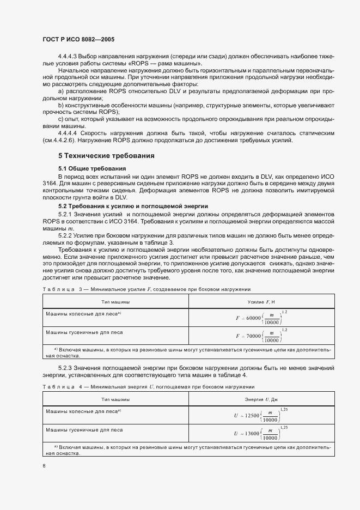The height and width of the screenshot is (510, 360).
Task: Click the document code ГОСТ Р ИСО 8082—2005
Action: [x=78, y=40]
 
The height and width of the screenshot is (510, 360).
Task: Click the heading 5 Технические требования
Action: [x=106, y=156]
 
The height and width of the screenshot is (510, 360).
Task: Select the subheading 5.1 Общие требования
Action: [x=92, y=168]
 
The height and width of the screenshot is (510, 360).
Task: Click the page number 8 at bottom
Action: [x=44, y=465]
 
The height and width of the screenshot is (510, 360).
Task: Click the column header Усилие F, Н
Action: [x=263, y=301]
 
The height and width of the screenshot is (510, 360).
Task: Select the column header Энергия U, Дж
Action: [x=263, y=400]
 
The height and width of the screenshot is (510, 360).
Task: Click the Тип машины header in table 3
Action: [x=115, y=301]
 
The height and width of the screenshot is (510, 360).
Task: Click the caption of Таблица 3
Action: [x=146, y=289]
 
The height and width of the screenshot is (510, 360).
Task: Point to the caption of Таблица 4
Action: [x=148, y=387]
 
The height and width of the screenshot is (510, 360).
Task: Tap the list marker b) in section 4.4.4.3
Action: [x=61, y=105]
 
